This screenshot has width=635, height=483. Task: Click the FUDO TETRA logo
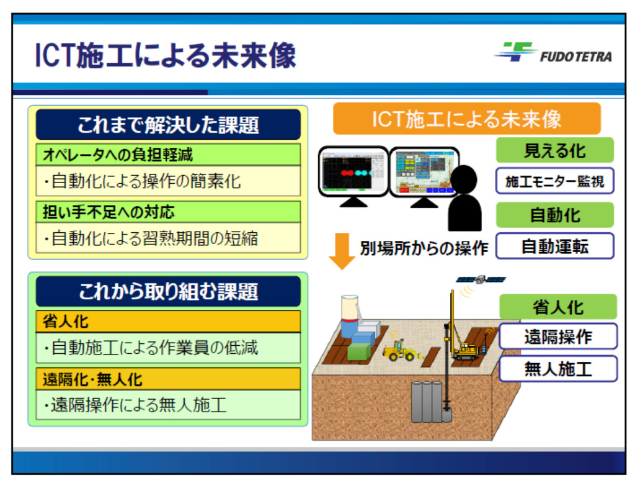[554, 52]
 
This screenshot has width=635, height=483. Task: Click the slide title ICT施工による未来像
[166, 55]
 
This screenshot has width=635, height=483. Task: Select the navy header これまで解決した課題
[168, 125]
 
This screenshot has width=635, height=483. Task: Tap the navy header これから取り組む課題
[168, 291]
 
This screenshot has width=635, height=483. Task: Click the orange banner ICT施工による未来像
[466, 119]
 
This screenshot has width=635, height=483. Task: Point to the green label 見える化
[555, 150]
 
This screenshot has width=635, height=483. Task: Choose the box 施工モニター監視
[555, 181]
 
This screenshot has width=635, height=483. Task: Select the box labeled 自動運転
[555, 246]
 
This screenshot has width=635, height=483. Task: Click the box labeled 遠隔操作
[558, 336]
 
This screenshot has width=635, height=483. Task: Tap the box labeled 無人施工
[558, 369]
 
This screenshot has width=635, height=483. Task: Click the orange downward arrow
[342, 251]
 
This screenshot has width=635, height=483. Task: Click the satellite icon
[481, 279]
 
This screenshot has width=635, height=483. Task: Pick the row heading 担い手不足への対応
[109, 212]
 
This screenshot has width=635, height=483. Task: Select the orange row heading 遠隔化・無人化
[92, 379]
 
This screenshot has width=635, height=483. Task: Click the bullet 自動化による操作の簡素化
[143, 181]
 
